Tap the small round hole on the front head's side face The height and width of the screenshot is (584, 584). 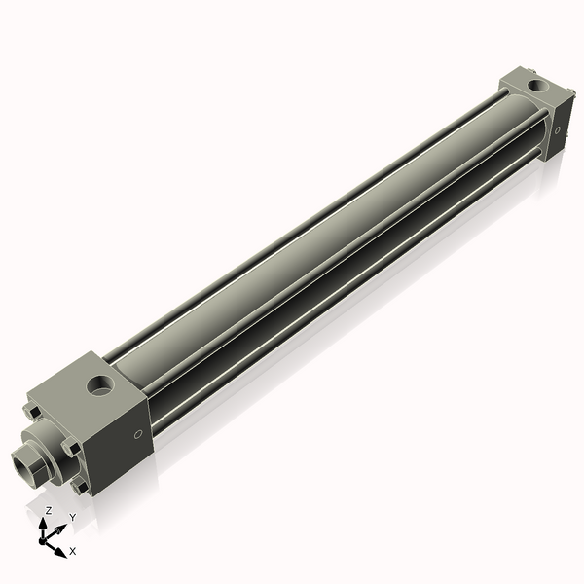tap(137, 434)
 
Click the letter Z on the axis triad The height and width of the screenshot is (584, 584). tap(48, 510)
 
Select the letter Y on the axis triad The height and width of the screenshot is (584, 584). tap(72, 517)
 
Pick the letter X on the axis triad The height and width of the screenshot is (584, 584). tap(73, 551)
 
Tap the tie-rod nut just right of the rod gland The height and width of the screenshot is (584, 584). tap(69, 449)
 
